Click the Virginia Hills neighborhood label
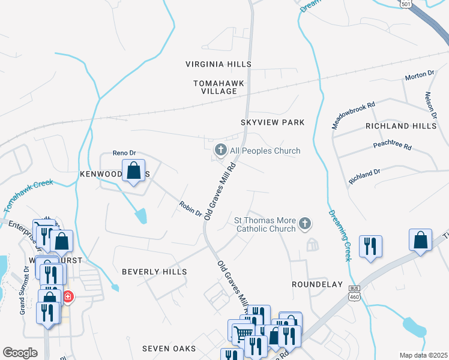218,64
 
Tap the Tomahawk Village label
215,86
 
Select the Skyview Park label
273,122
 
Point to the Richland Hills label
401,126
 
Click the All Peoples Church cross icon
220,150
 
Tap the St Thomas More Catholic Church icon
305,224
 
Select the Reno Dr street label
125,154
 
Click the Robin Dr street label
190,209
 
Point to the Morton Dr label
419,75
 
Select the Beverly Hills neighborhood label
154,272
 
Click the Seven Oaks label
169,349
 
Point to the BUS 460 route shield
354,296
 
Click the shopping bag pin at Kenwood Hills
134,170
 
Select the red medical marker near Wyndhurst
68,296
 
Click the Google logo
20,352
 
